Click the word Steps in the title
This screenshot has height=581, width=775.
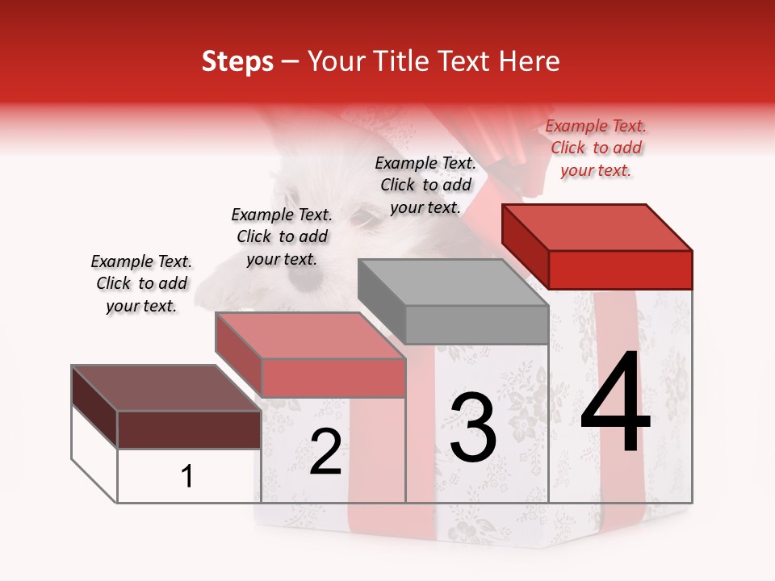[237, 61]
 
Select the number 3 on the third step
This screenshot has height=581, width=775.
[473, 428]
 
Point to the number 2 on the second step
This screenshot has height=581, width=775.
[326, 452]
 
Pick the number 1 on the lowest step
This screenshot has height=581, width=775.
[187, 477]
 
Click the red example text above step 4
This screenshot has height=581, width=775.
[596, 148]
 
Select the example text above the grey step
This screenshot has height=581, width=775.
[425, 185]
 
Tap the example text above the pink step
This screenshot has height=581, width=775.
[282, 236]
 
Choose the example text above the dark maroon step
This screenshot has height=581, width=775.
[141, 283]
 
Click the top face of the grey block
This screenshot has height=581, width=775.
[452, 282]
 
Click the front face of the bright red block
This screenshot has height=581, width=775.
[620, 270]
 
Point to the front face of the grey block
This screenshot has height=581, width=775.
[476, 324]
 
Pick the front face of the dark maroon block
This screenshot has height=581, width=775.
[189, 429]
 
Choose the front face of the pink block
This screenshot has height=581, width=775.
[333, 378]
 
